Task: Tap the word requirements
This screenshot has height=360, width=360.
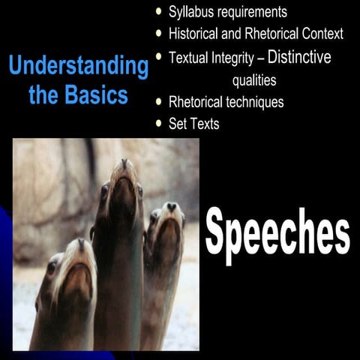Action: tap(252, 12)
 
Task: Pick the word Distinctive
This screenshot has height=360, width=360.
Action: tap(299, 57)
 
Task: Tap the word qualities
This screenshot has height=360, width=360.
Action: tap(253, 80)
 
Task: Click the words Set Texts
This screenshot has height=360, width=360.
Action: tap(193, 124)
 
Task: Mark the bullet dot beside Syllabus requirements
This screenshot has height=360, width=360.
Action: tap(158, 12)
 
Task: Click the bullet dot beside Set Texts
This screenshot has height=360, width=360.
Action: tap(158, 123)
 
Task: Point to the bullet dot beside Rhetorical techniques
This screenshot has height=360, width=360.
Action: tap(158, 102)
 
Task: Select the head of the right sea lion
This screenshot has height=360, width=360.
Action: tap(166, 225)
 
